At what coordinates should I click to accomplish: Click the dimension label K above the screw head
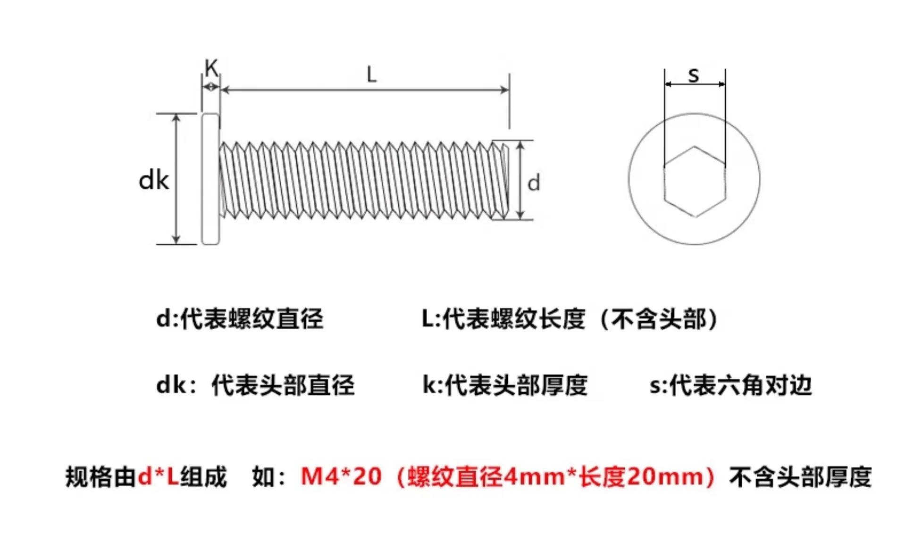(211, 68)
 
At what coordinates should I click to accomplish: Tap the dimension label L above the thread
(372, 75)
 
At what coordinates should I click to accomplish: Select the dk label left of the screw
(154, 181)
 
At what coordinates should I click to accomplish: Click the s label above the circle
(694, 75)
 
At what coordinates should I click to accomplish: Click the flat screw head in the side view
(210, 179)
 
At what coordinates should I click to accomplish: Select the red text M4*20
(341, 476)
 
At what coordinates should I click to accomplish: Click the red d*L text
(159, 476)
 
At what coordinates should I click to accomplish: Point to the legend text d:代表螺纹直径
(240, 319)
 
